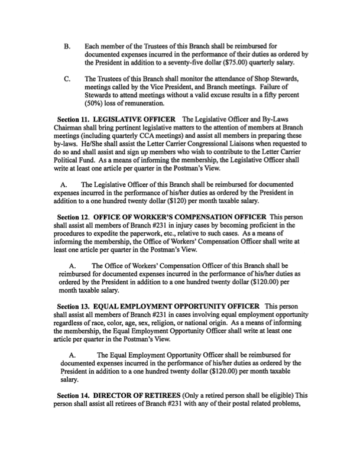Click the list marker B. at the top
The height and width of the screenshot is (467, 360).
click(x=67, y=45)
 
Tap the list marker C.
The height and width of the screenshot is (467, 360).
click(x=67, y=79)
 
